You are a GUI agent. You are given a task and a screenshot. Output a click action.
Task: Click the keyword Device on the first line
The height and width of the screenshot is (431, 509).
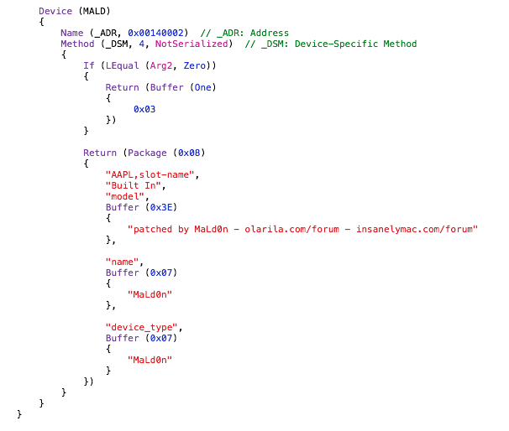pyautogui.click(x=55, y=11)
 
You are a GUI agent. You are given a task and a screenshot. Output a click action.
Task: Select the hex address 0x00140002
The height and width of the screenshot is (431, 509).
pyautogui.click(x=155, y=33)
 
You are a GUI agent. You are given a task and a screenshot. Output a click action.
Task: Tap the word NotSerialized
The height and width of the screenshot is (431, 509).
pyautogui.click(x=192, y=44)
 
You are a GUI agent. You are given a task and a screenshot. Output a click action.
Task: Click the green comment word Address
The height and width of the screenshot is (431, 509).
pyautogui.click(x=270, y=33)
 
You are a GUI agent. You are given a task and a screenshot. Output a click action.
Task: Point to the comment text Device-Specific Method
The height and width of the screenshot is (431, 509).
pyautogui.click(x=356, y=44)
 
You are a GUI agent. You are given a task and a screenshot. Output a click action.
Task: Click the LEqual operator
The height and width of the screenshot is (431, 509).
pyautogui.click(x=123, y=65)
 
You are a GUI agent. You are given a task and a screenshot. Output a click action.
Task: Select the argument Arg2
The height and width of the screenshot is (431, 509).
pyautogui.click(x=161, y=65)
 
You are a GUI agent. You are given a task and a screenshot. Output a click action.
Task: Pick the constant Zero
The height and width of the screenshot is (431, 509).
pyautogui.click(x=195, y=65)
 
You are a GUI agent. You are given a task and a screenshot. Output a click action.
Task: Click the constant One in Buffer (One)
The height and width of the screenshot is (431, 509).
pyautogui.click(x=203, y=87)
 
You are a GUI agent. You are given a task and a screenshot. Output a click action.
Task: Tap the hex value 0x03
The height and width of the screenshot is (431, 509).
pyautogui.click(x=144, y=109)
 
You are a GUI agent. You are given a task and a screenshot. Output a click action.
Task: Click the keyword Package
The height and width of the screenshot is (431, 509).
pyautogui.click(x=147, y=153)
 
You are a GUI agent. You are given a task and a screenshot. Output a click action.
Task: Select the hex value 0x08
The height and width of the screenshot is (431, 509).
pyautogui.click(x=189, y=153)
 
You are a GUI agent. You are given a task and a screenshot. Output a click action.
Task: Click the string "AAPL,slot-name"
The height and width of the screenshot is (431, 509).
pyautogui.click(x=150, y=174)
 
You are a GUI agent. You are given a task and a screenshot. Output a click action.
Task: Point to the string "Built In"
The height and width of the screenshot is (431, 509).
pyautogui.click(x=133, y=185)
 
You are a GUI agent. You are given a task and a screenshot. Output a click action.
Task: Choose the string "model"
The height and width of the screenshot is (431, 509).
pyautogui.click(x=125, y=196)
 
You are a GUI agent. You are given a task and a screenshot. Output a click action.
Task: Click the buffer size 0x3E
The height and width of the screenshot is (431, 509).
pyautogui.click(x=161, y=207)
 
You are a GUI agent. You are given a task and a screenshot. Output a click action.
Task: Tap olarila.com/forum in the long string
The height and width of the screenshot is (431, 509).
pyautogui.click(x=291, y=229)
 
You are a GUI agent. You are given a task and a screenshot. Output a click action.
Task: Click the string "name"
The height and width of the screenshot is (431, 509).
pyautogui.click(x=122, y=262)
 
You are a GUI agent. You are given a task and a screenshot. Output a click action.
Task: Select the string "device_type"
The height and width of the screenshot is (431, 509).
pyautogui.click(x=142, y=327)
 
